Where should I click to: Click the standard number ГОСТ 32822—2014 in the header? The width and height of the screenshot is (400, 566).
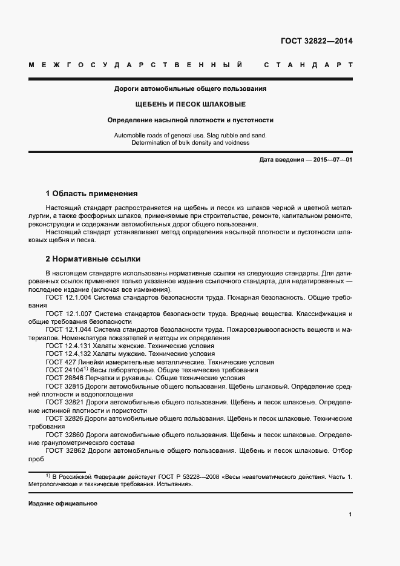(x=316, y=42)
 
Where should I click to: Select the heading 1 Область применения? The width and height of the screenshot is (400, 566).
(x=92, y=194)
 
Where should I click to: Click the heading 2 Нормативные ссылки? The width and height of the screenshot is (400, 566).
(x=93, y=259)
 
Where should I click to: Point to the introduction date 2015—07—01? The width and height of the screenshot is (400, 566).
(x=326, y=159)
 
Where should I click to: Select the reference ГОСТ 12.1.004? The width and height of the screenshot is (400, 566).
(x=68, y=298)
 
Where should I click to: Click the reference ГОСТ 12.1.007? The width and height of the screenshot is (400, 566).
(x=68, y=314)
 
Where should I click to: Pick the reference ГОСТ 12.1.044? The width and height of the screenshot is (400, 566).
(x=68, y=330)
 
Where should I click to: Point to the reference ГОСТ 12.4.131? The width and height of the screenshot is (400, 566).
(x=68, y=346)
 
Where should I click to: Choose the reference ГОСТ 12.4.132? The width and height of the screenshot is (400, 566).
(x=68, y=354)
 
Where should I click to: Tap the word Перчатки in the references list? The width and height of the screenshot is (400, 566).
(x=101, y=377)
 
